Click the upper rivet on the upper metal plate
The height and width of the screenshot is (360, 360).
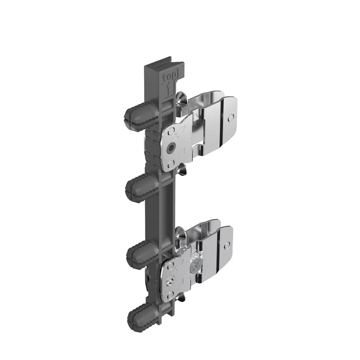click(x=171, y=131)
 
